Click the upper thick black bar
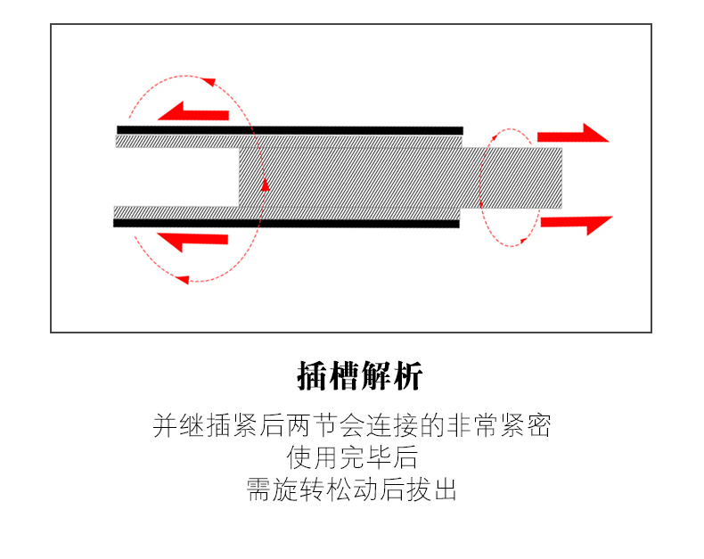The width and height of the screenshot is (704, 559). (x=290, y=130)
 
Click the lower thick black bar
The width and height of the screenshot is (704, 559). (x=286, y=223)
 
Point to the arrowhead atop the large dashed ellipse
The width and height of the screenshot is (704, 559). (x=210, y=82)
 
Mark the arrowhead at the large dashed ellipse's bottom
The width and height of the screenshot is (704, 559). (x=182, y=280)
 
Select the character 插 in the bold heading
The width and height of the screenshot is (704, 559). (x=312, y=377)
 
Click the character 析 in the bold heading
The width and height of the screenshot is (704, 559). (x=405, y=377)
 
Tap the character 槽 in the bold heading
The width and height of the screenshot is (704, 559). (x=343, y=377)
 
